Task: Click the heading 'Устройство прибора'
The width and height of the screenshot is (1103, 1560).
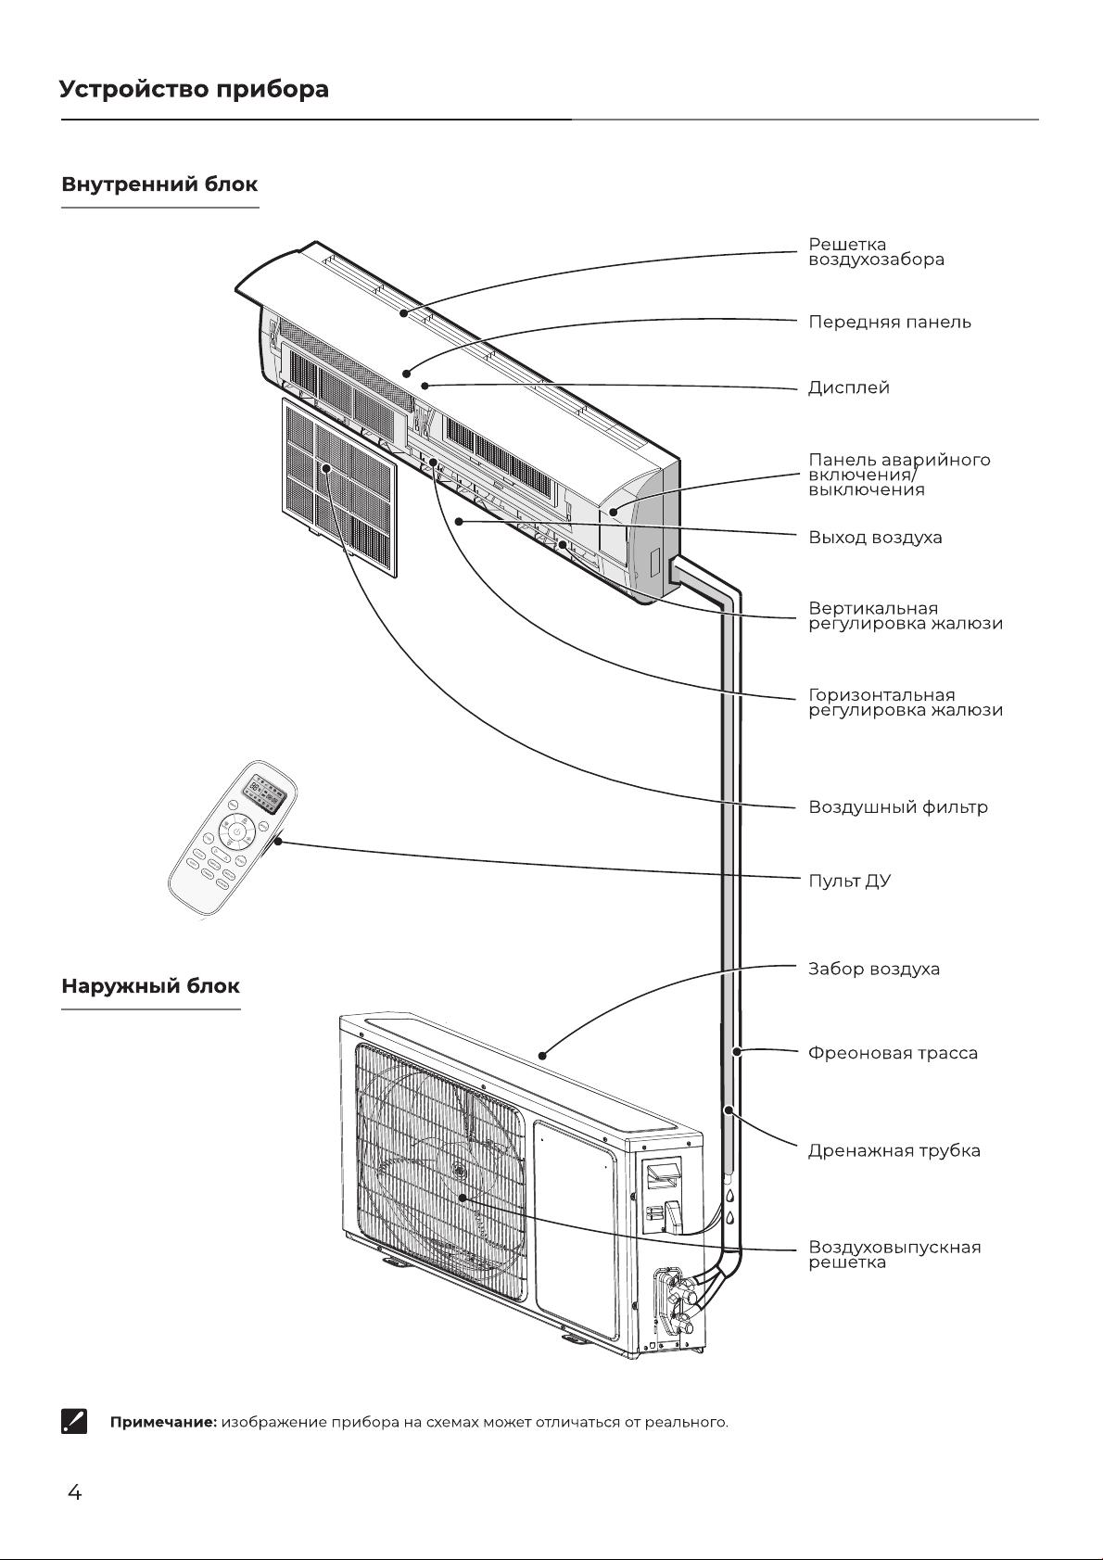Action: coord(194,90)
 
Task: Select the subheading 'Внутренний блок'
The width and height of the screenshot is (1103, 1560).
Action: coord(159,184)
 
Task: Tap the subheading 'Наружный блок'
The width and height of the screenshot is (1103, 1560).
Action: coord(150,986)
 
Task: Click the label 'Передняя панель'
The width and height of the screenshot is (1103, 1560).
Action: coord(889,322)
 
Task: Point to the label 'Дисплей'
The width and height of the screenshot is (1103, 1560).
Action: coord(849,387)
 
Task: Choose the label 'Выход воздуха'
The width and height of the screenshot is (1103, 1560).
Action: coord(875,537)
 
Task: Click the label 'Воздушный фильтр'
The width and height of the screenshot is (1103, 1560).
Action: coord(897,807)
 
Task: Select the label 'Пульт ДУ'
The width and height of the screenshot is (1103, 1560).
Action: coord(850,881)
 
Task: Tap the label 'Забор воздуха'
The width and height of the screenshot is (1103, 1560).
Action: coord(874,969)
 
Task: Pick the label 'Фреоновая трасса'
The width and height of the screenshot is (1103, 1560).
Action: coord(893,1053)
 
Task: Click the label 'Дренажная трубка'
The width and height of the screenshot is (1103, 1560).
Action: coord(894,1150)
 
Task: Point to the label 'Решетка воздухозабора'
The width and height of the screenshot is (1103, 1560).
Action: coord(876,252)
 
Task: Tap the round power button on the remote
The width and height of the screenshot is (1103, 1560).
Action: coord(237,831)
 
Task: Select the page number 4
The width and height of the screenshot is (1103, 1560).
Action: coord(74,1492)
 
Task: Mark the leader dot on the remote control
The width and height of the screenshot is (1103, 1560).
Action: coord(278,842)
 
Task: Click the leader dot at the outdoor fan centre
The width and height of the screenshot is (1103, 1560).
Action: coord(463,1198)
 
